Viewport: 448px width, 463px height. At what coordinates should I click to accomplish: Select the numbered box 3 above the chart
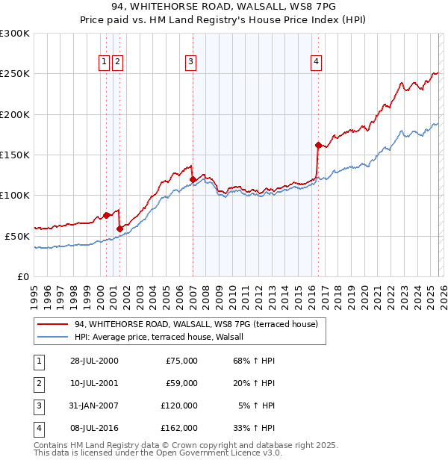(191, 62)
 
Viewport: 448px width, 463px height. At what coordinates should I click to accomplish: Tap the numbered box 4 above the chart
(317, 62)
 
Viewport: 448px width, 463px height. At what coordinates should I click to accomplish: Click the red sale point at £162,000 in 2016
(318, 145)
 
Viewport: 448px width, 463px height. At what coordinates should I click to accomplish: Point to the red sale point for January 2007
(193, 179)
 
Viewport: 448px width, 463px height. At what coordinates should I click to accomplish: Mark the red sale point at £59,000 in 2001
(119, 229)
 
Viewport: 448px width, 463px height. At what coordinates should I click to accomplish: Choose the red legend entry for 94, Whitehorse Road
(196, 324)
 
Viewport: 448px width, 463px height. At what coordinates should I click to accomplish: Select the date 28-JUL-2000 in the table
(94, 361)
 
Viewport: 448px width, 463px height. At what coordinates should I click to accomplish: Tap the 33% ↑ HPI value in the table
(254, 428)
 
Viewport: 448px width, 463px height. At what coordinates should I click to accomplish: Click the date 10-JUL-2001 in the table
(94, 383)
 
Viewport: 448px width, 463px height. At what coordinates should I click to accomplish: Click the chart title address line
(224, 8)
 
